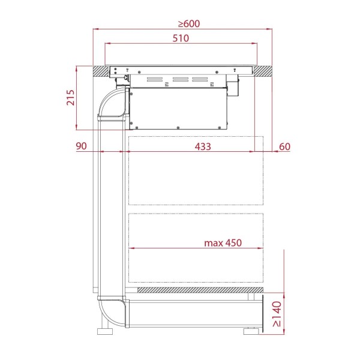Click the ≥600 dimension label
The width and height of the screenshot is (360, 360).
coord(189,23)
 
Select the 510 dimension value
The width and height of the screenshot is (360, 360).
coord(181,38)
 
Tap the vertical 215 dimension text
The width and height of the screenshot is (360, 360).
coord(70,98)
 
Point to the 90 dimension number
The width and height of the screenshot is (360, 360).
coord(81,146)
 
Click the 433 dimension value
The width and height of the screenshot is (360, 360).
coord(203,146)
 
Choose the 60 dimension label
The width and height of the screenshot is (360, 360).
coord(284,146)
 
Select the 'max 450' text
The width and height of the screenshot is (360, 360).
coord(223,242)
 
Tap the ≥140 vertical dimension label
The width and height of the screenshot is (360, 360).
coord(277,314)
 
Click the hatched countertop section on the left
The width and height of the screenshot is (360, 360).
coord(101,71)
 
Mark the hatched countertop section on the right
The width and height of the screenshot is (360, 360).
coord(263,71)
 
